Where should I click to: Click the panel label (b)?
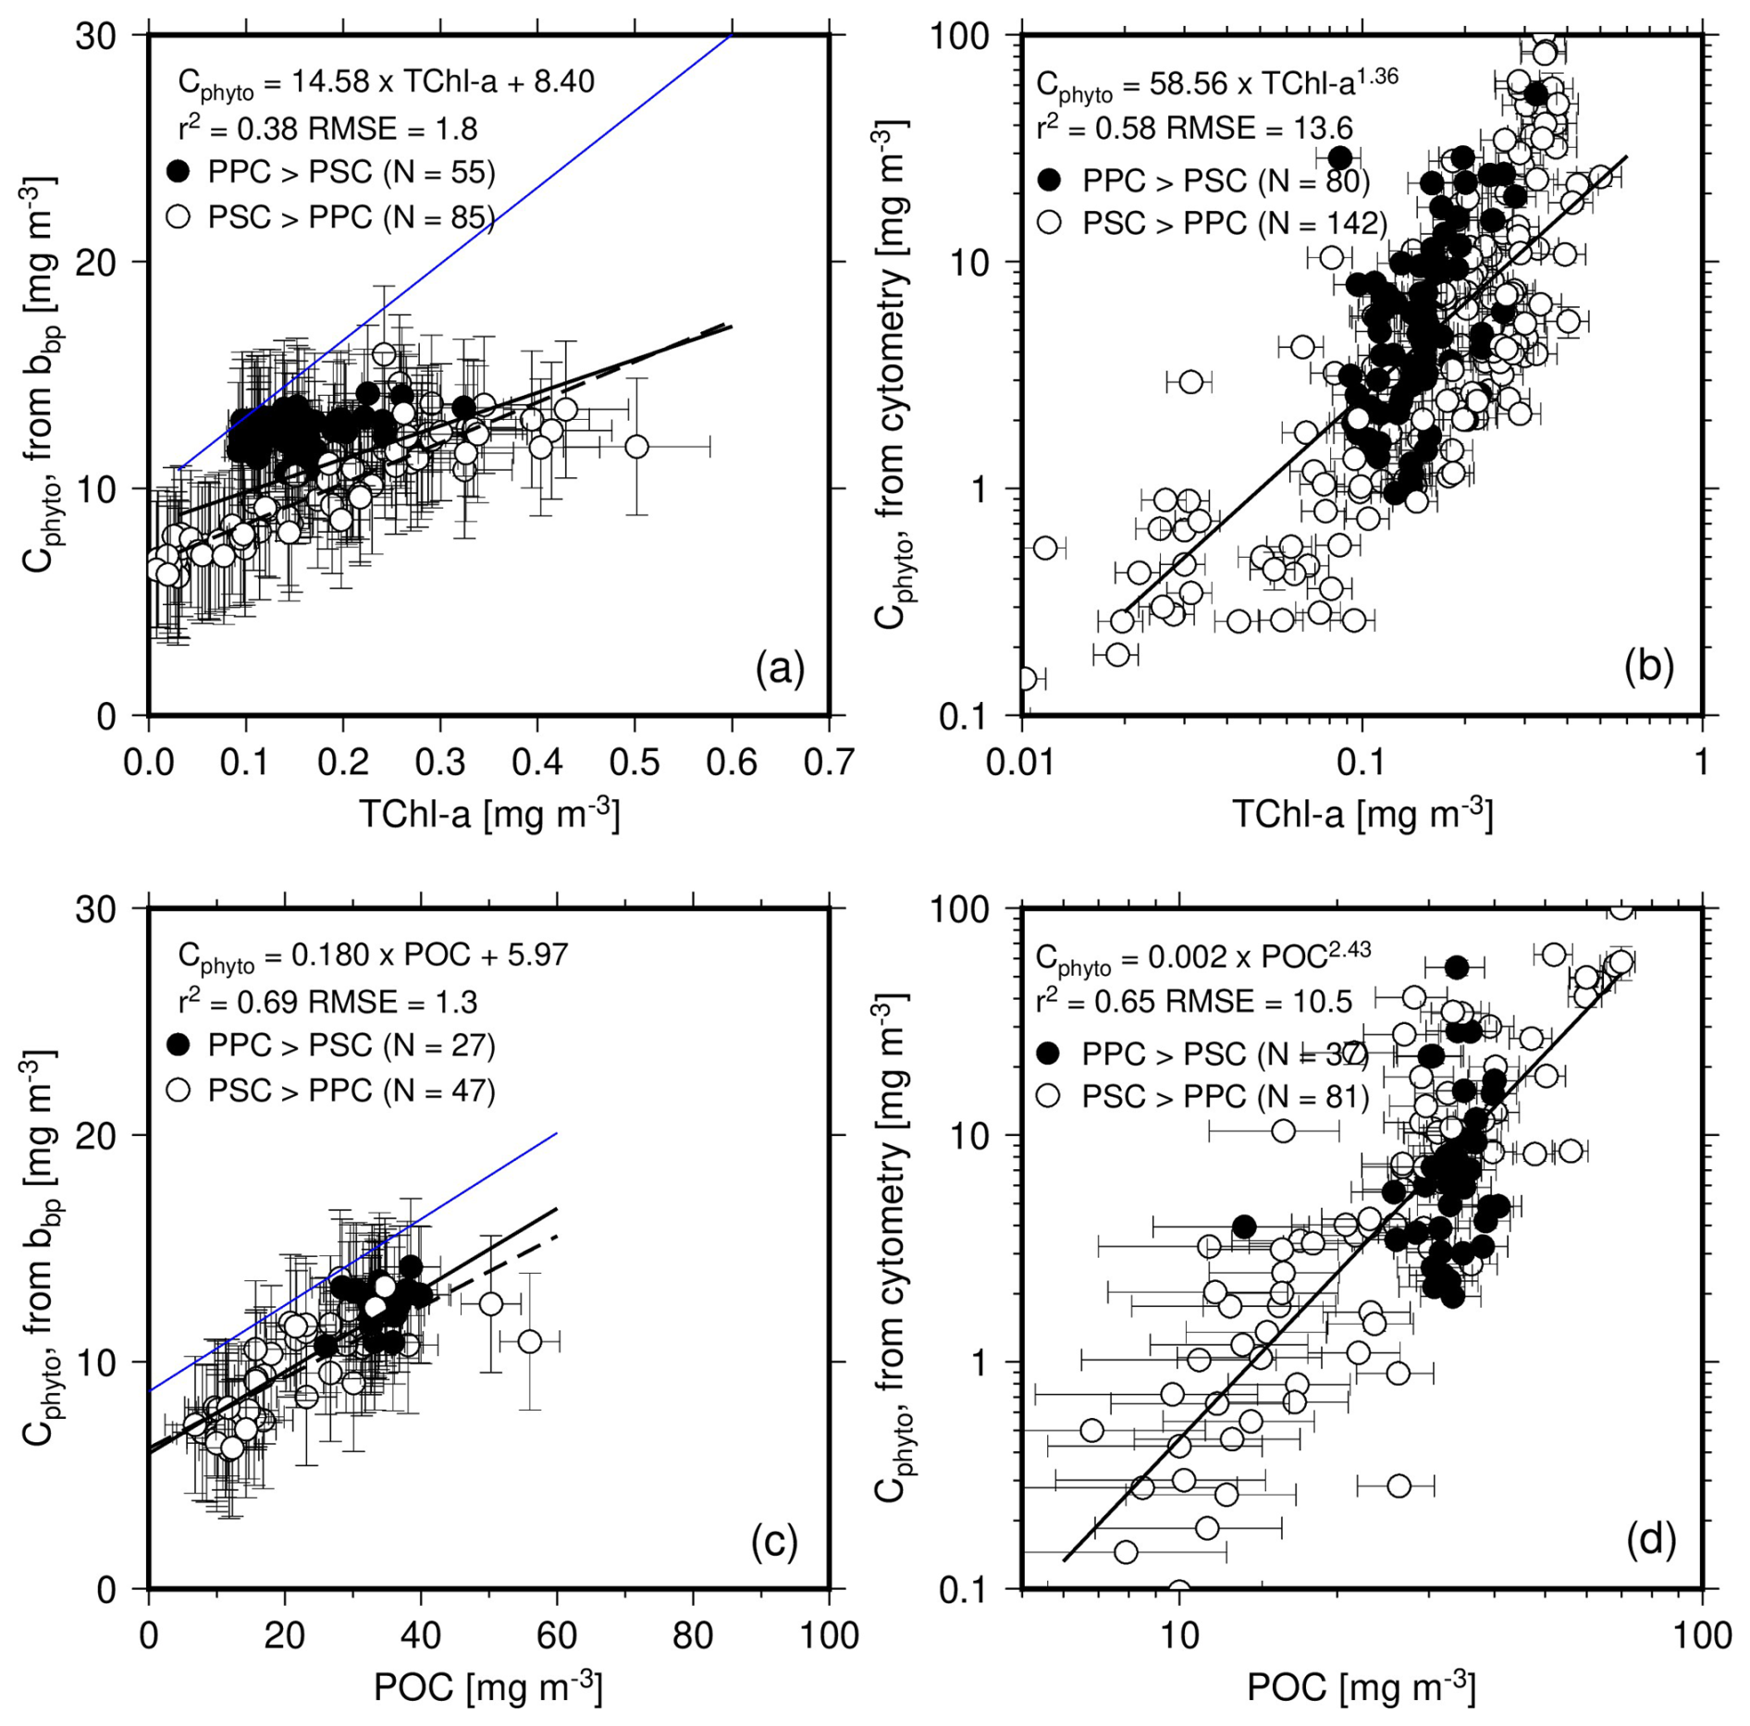[1649, 666]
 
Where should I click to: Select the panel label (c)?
[773, 1541]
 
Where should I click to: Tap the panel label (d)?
[1650, 1540]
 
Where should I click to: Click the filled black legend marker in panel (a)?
[178, 171]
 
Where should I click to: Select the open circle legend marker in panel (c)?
[178, 1091]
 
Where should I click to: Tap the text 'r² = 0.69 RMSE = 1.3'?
[327, 1001]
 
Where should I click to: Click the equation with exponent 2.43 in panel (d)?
[1202, 957]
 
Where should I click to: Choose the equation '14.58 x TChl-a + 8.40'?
[386, 83]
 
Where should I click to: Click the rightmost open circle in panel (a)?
[636, 447]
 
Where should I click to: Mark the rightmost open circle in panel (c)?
[529, 1341]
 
